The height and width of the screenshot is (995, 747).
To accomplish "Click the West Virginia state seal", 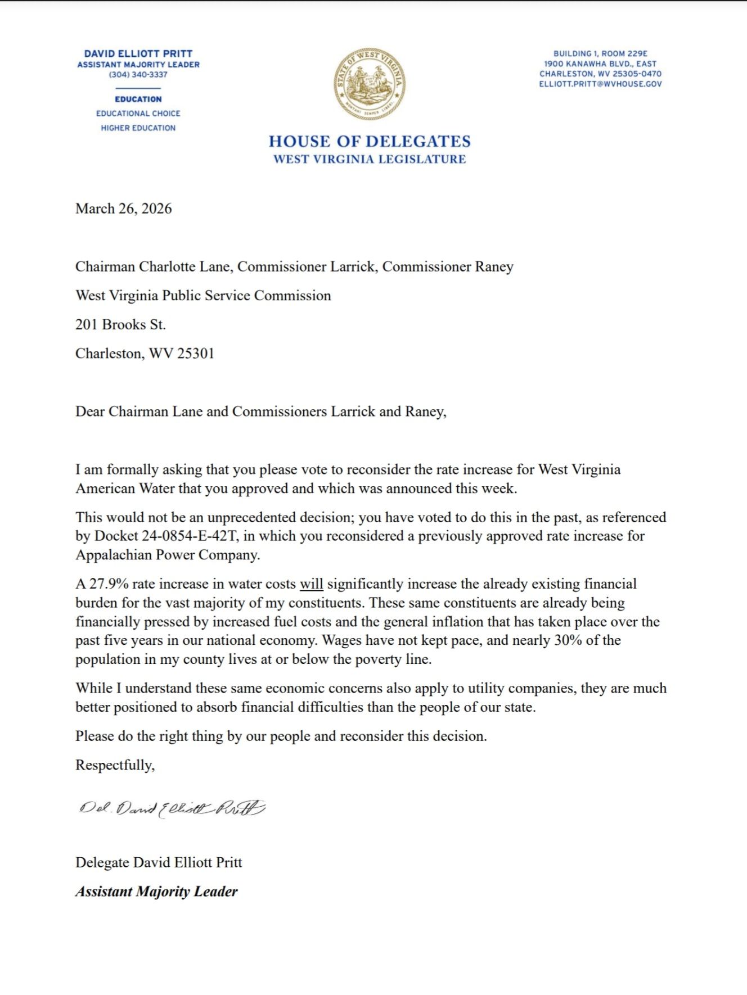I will tap(369, 83).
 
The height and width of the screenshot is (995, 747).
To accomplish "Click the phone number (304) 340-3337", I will tap(138, 74).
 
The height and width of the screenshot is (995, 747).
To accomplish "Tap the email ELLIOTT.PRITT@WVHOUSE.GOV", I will tap(600, 84).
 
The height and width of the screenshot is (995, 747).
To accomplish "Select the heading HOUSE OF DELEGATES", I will tap(370, 141).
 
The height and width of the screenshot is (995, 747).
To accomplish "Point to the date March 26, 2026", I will tap(123, 209).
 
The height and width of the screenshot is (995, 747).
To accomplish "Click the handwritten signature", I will tap(172, 809).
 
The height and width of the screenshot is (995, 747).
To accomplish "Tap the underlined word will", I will tap(311, 584).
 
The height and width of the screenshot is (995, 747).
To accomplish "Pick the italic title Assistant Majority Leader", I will tap(156, 891).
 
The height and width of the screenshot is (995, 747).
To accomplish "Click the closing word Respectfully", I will tap(115, 765).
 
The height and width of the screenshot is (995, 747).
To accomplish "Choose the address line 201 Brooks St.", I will tap(120, 324).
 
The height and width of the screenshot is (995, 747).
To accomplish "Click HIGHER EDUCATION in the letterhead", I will tap(138, 128).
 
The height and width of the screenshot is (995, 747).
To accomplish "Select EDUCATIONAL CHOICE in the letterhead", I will tap(138, 113).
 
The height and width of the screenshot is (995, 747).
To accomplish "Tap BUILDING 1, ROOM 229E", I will tap(600, 53).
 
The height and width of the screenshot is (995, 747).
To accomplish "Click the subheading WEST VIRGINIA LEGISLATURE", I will tap(370, 159).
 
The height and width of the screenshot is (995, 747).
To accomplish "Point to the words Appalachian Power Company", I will tap(167, 555).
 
